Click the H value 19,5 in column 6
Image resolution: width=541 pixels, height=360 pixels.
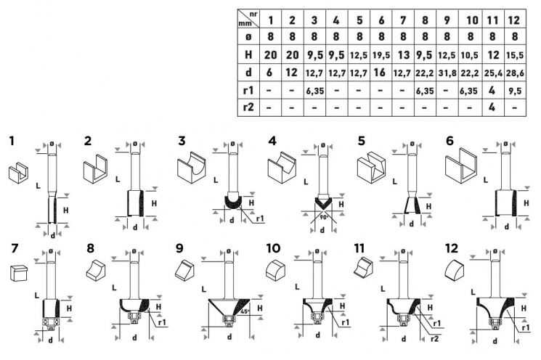[x=381, y=55]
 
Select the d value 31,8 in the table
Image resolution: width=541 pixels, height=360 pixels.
[x=447, y=73]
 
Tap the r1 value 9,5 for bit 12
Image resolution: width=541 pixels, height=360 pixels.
[x=514, y=91]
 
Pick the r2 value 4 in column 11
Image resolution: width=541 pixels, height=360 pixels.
[x=492, y=107]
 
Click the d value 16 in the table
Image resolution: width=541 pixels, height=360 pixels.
[x=381, y=73]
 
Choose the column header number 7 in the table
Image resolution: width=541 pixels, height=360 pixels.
[x=403, y=20]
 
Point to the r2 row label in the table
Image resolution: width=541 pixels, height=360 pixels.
[x=248, y=107]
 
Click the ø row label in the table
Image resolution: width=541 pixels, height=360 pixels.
[x=248, y=37]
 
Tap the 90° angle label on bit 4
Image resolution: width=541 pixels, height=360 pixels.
[x=323, y=218]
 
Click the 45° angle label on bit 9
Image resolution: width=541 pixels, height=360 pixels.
[x=244, y=311]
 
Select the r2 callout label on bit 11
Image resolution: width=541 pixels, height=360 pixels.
[x=435, y=338]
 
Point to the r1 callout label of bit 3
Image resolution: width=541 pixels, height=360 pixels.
[x=261, y=218]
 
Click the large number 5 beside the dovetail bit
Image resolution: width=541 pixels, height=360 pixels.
[x=361, y=141]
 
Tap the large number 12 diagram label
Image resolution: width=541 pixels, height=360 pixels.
[x=452, y=248]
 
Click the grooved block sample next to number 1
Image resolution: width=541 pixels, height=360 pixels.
[x=18, y=173]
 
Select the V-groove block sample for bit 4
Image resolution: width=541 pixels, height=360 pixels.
[x=282, y=168]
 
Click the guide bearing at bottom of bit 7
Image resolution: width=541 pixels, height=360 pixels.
[x=51, y=322]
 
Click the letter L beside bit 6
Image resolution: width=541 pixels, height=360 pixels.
[x=486, y=180]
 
